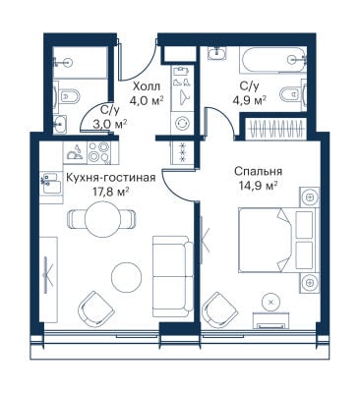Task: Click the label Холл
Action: (147, 86)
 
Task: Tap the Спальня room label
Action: (259, 171)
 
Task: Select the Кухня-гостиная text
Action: (110, 178)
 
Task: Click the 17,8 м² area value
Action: (110, 192)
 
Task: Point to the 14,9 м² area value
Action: (259, 186)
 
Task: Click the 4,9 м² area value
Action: (249, 100)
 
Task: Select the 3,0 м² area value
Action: (110, 124)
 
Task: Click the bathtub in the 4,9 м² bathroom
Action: (272, 60)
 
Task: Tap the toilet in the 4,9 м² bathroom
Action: (293, 94)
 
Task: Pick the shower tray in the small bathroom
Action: (81, 62)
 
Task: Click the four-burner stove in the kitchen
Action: (98, 153)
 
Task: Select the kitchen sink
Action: (51, 183)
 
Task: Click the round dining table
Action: (101, 218)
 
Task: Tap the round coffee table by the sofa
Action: (127, 277)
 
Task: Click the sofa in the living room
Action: (173, 276)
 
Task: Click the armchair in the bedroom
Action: (219, 309)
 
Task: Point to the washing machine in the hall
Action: (181, 124)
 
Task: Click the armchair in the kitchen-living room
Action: (96, 309)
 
